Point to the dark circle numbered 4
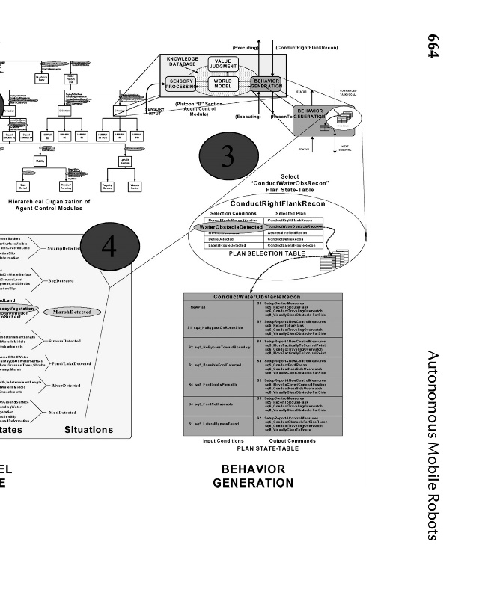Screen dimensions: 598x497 click(109, 247)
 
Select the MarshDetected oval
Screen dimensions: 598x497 click(72, 312)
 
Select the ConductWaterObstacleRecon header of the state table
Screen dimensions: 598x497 click(262, 297)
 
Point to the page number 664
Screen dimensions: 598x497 click(432, 47)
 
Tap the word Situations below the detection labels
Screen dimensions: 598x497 click(88, 429)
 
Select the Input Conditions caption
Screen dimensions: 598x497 click(223, 440)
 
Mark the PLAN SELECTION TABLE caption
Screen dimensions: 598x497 click(261, 254)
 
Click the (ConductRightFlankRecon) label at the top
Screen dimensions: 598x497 click(306, 47)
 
